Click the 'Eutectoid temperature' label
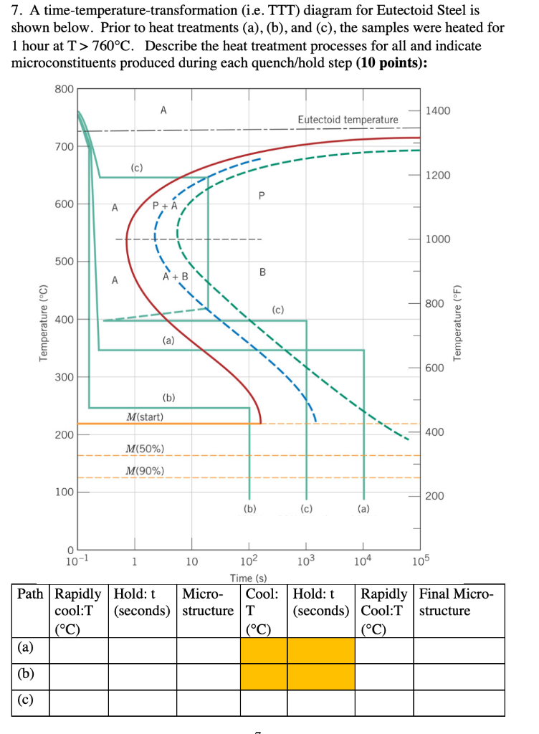(348, 119)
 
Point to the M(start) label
(145, 417)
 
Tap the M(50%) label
(145, 449)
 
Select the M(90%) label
(145, 471)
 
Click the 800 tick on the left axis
(64, 89)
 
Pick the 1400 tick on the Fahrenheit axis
(437, 111)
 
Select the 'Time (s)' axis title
(249, 578)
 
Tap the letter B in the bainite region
(262, 272)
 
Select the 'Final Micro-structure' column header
(457, 602)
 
